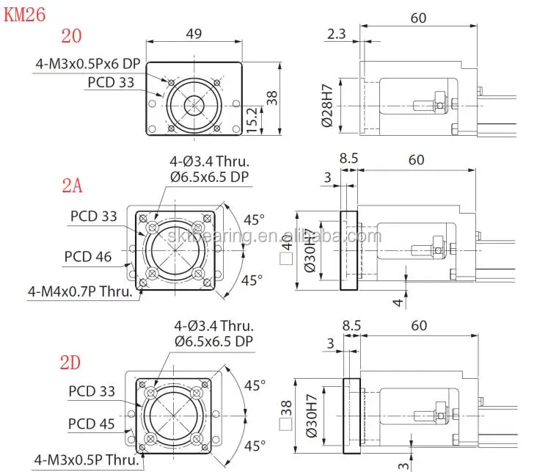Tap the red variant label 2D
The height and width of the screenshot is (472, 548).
click(71, 361)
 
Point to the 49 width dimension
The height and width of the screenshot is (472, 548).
click(194, 35)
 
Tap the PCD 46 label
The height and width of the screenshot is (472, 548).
click(88, 256)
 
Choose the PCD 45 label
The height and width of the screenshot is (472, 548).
click(92, 424)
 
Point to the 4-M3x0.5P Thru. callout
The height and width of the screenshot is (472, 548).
click(85, 460)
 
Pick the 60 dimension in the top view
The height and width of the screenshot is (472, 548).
click(418, 18)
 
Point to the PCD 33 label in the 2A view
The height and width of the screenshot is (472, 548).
click(94, 216)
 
